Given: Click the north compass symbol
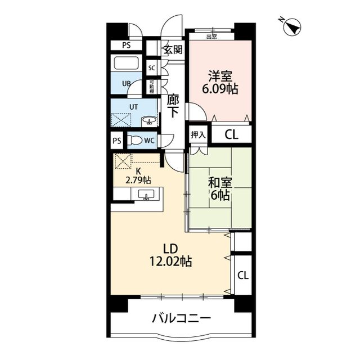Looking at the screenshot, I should [291, 26].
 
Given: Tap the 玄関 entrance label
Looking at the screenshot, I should [172, 49].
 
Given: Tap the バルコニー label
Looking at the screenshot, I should [181, 319].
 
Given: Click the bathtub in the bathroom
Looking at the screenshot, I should [127, 62].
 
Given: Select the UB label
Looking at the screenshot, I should [128, 84].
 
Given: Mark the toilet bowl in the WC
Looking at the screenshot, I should [134, 141].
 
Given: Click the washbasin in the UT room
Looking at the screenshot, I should [148, 120].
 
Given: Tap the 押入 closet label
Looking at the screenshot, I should [197, 134].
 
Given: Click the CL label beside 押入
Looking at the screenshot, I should [231, 134].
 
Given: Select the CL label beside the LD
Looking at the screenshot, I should [242, 276].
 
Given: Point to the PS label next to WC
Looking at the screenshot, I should [116, 141].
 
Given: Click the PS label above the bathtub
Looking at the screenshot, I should [127, 46].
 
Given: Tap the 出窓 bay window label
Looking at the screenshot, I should [211, 37].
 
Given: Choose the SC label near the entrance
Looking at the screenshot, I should [151, 67].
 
